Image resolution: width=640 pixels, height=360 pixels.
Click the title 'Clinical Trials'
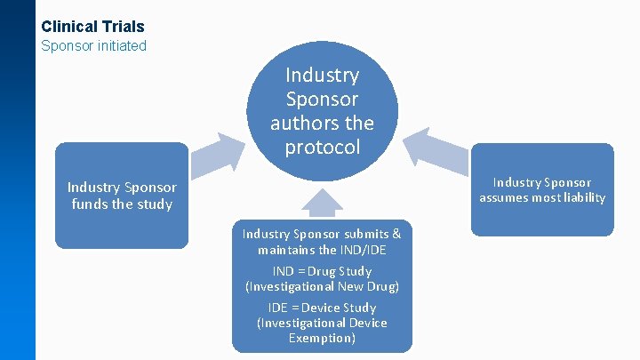point(92,27)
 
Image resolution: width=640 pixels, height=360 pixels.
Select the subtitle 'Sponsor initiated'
point(93,45)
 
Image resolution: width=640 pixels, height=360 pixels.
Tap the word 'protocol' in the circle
point(322,147)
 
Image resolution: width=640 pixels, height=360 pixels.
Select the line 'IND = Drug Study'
point(322,270)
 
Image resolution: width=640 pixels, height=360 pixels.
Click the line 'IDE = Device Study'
point(322,308)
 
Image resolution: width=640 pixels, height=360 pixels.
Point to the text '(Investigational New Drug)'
point(322,286)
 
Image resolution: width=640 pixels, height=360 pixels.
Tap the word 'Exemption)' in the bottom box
point(322,338)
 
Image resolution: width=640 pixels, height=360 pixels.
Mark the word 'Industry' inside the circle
point(322,76)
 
